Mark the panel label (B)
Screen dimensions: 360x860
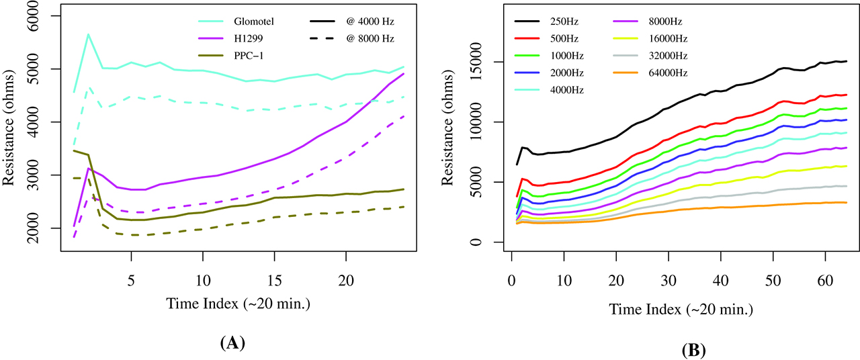(693, 350)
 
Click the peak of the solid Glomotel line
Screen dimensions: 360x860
(88, 34)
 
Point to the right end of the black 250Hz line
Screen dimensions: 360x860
(847, 61)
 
